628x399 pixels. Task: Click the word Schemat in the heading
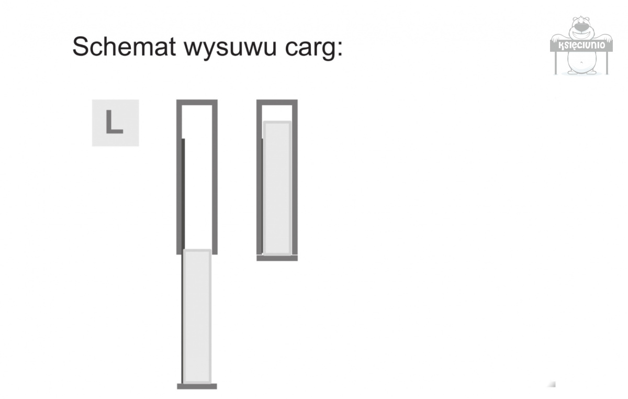[124, 47]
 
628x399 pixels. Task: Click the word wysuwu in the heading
[230, 48]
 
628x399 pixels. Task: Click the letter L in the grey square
[115, 122]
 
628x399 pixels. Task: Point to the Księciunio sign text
[581, 45]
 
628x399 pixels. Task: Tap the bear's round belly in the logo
[581, 62]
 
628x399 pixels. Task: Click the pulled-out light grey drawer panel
[197, 316]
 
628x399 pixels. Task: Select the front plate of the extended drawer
[197, 386]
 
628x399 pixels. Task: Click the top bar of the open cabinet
[197, 103]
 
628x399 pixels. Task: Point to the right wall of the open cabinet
[215, 177]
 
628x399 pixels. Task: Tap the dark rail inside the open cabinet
[183, 194]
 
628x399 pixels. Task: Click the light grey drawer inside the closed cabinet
[277, 189]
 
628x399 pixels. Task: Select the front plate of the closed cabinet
[277, 258]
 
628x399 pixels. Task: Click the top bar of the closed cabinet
[277, 103]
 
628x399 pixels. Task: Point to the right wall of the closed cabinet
[295, 177]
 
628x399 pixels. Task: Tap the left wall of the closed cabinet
[260, 177]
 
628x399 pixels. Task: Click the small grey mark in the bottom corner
[552, 384]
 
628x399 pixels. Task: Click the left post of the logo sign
[556, 63]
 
